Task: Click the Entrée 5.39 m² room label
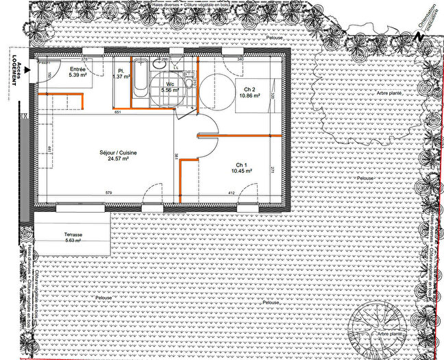76,73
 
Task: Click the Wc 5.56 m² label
169,86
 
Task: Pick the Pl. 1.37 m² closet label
121,73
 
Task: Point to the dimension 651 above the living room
118,112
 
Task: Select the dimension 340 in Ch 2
241,60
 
